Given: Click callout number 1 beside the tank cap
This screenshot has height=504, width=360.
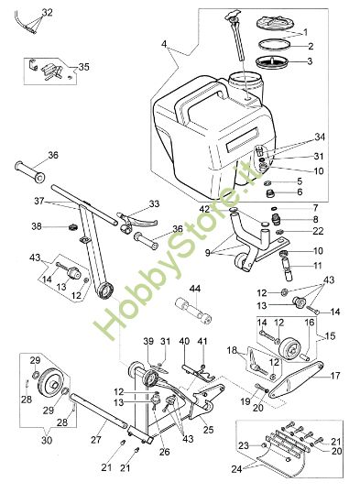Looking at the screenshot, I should click(x=319, y=30).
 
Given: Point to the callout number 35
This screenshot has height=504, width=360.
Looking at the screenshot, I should click(x=84, y=67).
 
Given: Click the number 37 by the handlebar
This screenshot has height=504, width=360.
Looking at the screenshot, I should click(x=38, y=201).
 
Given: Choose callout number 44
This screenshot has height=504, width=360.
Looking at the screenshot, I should click(x=194, y=289).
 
